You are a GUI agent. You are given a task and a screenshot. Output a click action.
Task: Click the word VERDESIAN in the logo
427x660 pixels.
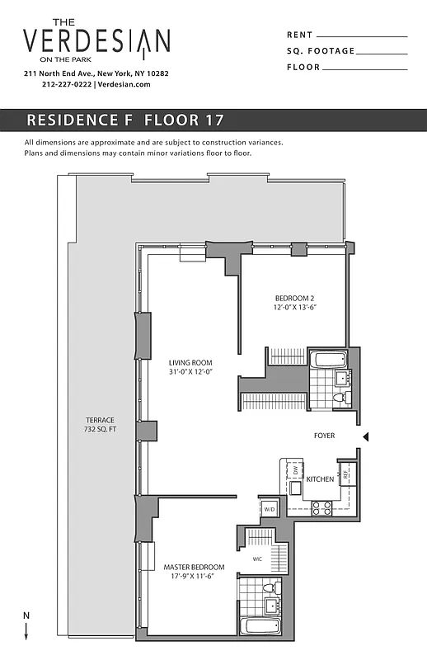[97, 40]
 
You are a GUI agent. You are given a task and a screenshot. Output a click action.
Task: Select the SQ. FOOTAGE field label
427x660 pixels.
[321, 51]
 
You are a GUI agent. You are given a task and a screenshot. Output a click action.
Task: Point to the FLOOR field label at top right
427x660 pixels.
[303, 68]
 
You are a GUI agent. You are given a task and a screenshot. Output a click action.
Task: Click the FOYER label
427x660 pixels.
[324, 436]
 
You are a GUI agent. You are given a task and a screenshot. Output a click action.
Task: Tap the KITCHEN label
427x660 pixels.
[319, 479]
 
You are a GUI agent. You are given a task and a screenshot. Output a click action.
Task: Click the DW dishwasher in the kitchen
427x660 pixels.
[293, 470]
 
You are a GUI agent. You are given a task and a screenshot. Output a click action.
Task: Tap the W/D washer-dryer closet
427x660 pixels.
[269, 509]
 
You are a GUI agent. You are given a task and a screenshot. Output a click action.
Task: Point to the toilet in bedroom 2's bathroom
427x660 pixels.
[337, 398]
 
